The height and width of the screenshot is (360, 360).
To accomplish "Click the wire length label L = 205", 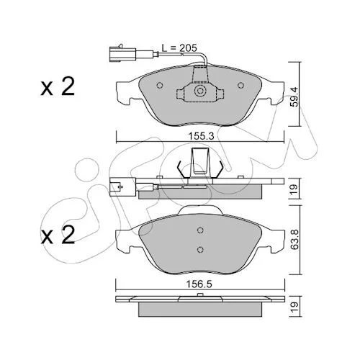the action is coord(179,48).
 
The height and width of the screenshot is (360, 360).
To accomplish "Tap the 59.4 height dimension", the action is coord(294,96).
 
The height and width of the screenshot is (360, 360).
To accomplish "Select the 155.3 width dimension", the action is coord(201,136).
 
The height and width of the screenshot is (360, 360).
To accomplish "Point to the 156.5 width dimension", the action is coord(199,284).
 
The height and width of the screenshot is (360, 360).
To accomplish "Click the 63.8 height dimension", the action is coord(294,239).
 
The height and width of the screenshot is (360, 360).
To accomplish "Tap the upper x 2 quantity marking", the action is coord(58,86).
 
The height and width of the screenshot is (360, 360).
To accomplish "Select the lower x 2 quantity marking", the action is coord(58,235).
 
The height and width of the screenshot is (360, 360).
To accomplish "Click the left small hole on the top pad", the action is coord(159,85).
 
